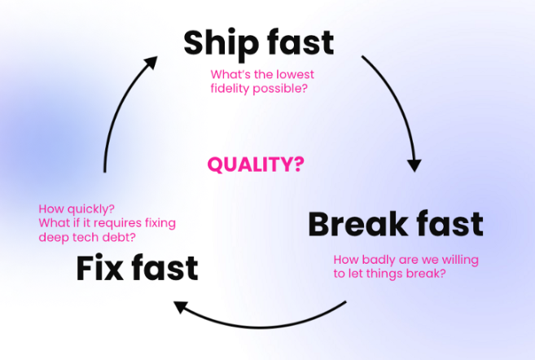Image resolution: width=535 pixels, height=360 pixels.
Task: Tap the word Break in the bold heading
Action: (357, 224)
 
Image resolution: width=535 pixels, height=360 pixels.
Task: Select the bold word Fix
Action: (99, 268)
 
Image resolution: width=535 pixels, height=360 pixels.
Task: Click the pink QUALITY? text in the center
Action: (256, 165)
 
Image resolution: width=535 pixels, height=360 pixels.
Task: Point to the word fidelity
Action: (230, 89)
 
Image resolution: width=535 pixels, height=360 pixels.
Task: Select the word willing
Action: (460, 260)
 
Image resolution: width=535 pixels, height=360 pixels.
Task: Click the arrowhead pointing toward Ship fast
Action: (151, 63)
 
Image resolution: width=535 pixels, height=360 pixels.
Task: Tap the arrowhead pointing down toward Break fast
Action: (414, 165)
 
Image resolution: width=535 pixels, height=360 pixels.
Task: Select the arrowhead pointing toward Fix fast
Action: (181, 306)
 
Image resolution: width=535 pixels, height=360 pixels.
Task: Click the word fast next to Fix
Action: (164, 268)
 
